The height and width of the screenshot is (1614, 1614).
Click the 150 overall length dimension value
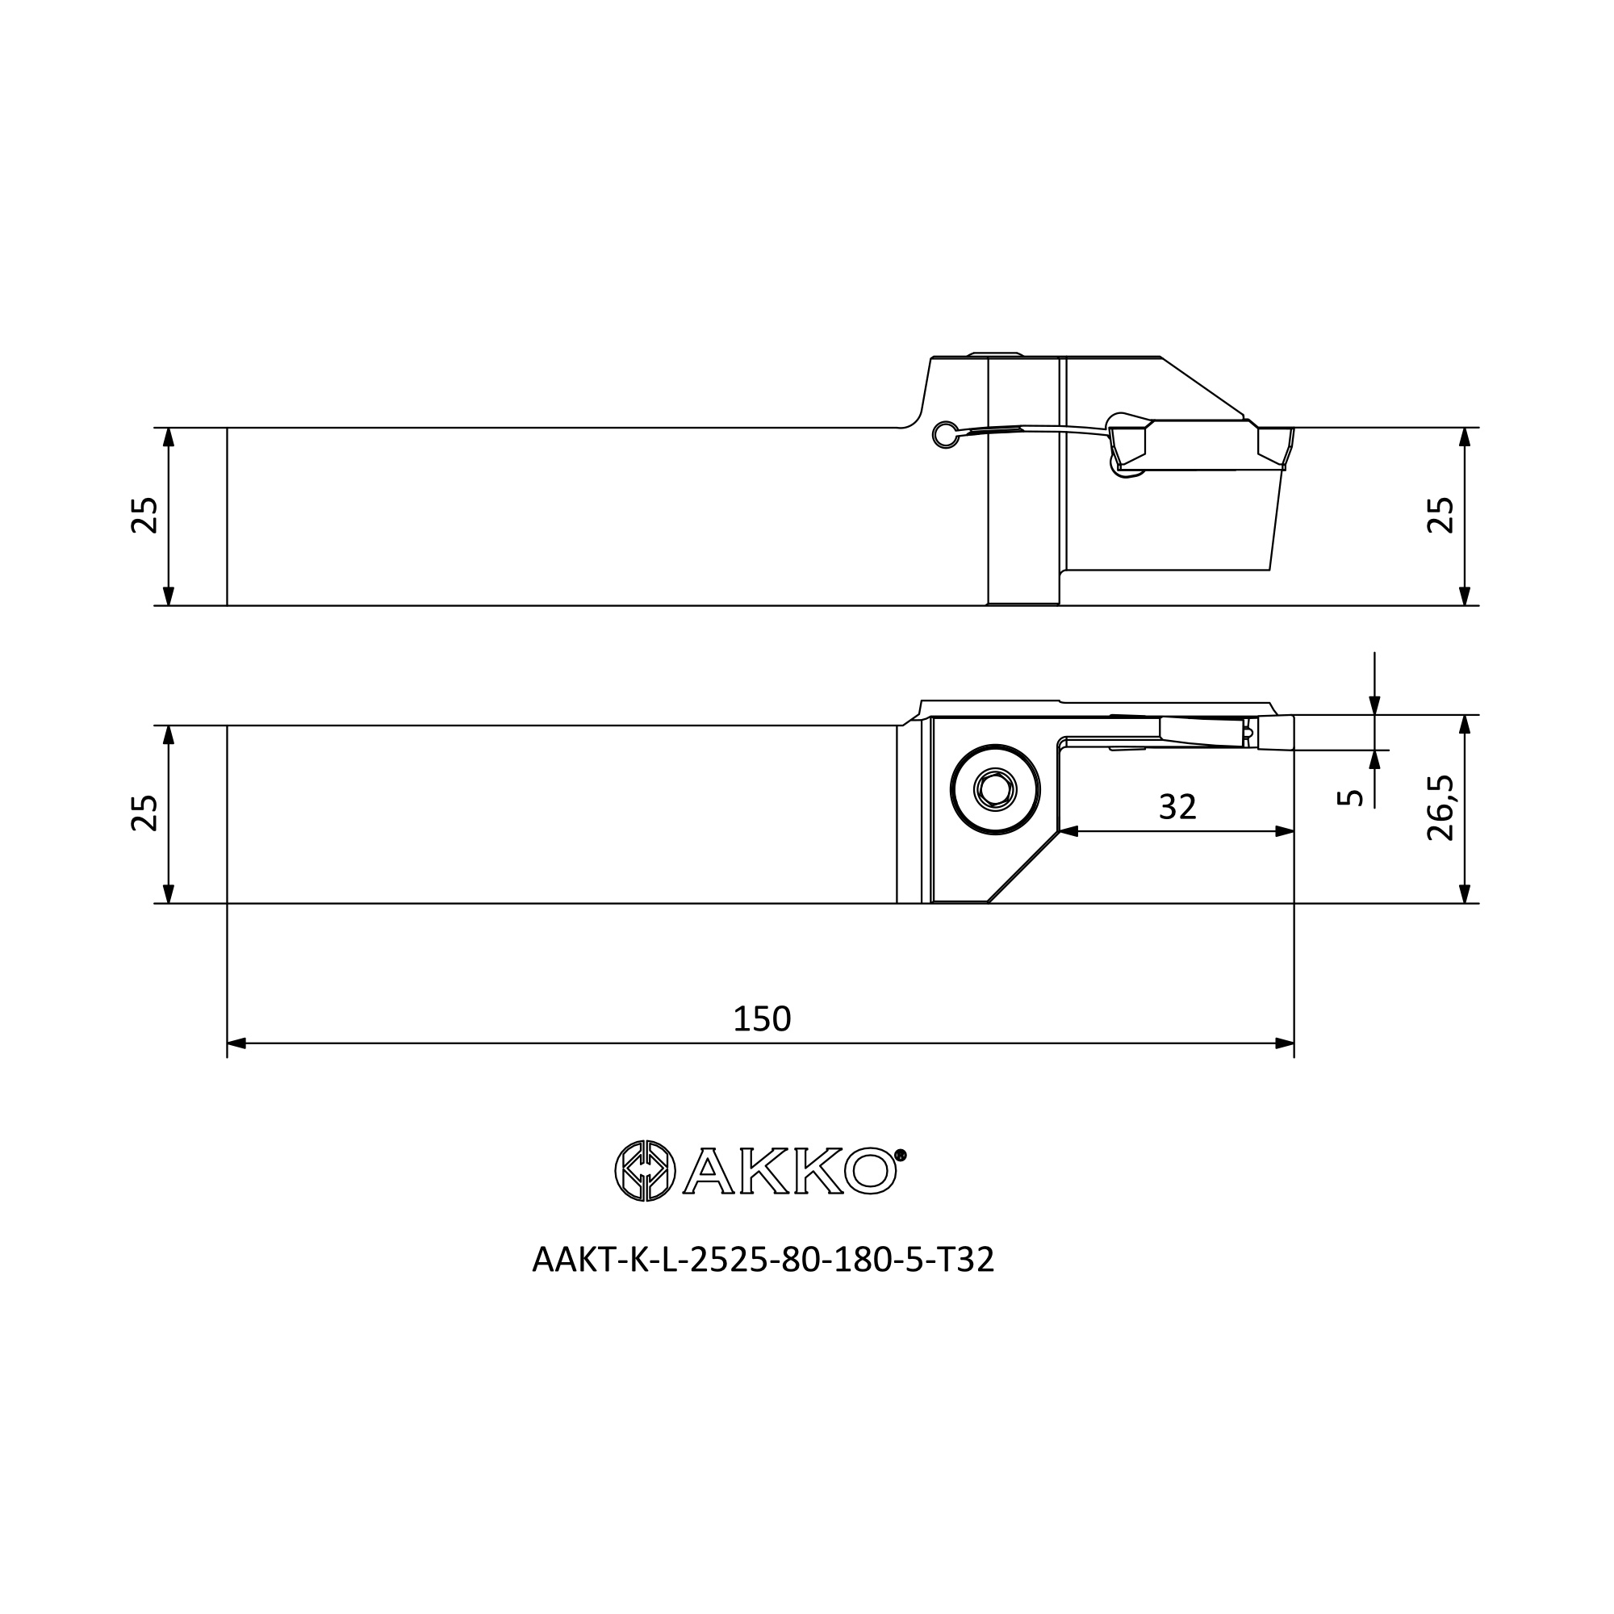tap(761, 1019)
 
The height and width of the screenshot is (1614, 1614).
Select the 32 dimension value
tap(1178, 807)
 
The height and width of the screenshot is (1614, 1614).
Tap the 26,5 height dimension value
tap(1441, 809)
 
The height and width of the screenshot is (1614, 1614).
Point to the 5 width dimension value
tap(1350, 798)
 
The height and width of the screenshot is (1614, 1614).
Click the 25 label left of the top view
tap(144, 516)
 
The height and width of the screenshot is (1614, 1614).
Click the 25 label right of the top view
tap(1441, 516)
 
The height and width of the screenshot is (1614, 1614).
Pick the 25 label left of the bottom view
tap(144, 813)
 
